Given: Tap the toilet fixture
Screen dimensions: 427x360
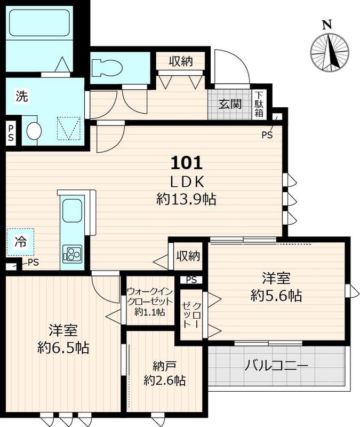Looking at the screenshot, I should (107, 68).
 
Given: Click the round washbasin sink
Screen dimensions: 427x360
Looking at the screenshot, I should (34, 131).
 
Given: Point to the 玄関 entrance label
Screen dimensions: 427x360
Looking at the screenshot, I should (230, 104).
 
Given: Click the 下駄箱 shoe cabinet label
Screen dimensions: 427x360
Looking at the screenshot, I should (259, 104).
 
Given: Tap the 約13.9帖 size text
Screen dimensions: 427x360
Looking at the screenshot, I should (186, 200).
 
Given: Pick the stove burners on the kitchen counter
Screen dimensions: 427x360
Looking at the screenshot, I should (72, 254).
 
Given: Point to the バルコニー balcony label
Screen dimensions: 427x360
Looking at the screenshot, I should (276, 366).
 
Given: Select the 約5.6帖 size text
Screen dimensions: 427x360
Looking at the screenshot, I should (276, 295).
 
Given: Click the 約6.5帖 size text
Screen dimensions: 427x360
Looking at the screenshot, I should (63, 348).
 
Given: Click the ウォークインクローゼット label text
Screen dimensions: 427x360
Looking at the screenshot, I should (150, 302).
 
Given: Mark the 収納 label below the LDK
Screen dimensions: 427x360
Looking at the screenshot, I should (188, 256).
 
